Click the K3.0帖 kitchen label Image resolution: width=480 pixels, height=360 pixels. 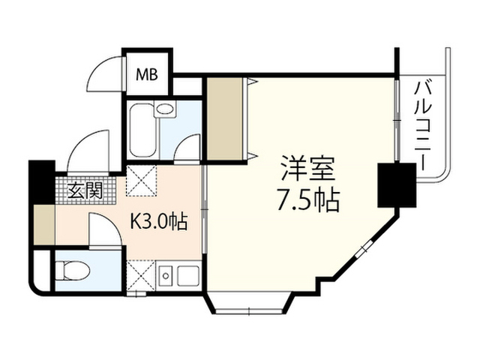159,222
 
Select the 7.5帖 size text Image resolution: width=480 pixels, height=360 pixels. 306,200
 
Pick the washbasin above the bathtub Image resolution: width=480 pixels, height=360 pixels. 165,109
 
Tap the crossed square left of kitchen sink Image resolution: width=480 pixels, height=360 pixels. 141,274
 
